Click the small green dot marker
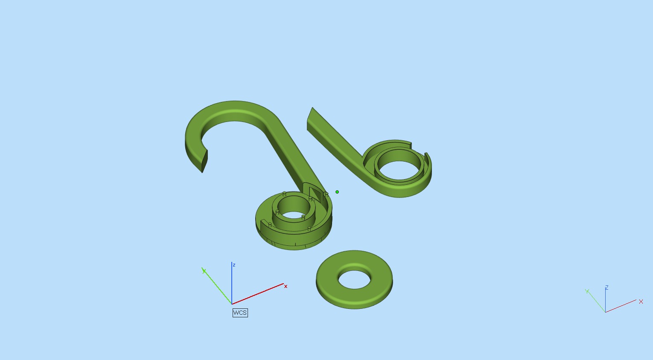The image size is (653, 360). [337, 192]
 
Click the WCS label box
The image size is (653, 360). [240, 313]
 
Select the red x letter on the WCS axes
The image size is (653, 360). [286, 287]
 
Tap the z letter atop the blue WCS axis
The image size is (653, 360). [234, 265]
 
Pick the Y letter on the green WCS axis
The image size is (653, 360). [204, 271]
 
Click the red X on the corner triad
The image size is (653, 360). [641, 302]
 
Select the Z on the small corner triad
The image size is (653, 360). [606, 287]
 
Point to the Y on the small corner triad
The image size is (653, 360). [587, 291]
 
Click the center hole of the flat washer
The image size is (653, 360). [354, 280]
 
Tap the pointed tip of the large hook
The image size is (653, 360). [203, 171]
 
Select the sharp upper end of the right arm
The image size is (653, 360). [312, 109]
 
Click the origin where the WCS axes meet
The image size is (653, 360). [232, 304]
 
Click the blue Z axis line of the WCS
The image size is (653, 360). [232, 284]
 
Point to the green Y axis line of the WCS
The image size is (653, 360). [217, 287]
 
